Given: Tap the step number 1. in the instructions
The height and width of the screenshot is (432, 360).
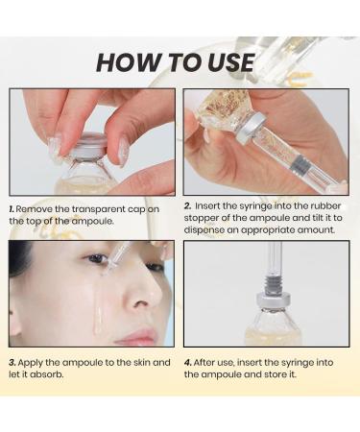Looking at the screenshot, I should [12, 207].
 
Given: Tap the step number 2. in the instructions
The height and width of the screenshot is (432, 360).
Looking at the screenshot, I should [187, 205].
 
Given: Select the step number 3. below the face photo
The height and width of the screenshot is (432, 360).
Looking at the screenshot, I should [12, 362].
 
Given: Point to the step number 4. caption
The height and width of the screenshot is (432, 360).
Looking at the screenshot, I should [187, 362].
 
